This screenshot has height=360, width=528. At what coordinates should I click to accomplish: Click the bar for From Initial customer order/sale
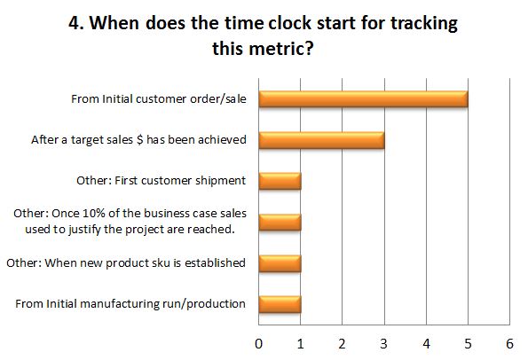tap(363, 99)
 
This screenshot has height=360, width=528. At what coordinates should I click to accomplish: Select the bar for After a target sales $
tap(321, 140)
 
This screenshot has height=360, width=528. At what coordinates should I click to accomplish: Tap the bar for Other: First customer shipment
tap(280, 181)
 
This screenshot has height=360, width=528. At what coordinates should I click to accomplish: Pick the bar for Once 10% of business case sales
tap(280, 222)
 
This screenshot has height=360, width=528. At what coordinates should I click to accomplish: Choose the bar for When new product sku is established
tap(280, 263)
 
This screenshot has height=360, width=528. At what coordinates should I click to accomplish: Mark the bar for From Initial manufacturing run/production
tap(280, 304)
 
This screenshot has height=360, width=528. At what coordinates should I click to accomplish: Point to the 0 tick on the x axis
tap(258, 344)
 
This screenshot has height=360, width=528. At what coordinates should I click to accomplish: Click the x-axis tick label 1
tap(300, 344)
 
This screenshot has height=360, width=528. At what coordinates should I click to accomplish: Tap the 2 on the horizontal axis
tap(343, 344)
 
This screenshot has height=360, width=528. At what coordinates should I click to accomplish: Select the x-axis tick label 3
tap(384, 344)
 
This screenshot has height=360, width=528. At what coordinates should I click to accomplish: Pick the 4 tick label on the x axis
tap(426, 344)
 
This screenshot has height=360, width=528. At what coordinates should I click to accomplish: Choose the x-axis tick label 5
tap(468, 344)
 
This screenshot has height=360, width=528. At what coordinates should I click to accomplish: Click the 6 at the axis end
tap(510, 344)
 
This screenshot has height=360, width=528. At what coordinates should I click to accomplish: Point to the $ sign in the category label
tap(140, 139)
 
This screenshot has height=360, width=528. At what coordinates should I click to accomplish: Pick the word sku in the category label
tap(162, 262)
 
